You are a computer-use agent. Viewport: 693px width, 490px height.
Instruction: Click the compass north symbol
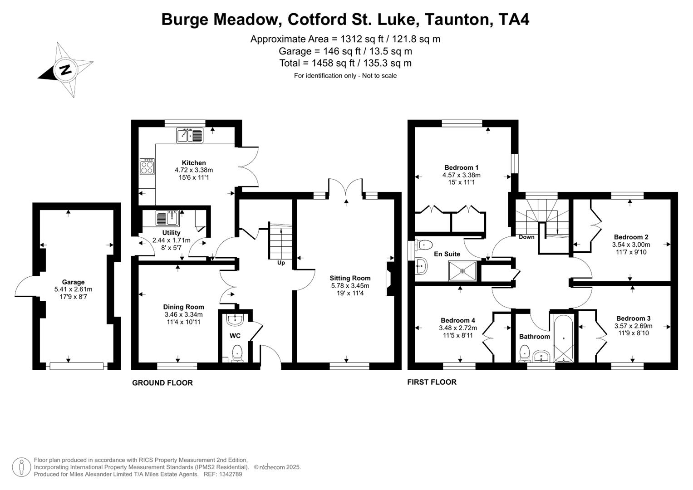[x=65, y=70]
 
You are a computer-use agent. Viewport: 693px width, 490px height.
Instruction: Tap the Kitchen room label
[x=194, y=163]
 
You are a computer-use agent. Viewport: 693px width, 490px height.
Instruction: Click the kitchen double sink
[x=190, y=135]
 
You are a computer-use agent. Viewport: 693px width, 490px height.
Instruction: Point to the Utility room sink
[x=167, y=218]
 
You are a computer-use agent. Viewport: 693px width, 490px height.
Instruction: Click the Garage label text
[x=73, y=282]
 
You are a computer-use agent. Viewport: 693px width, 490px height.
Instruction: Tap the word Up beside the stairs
[x=281, y=263]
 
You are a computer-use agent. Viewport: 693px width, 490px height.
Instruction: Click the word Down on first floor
[x=526, y=237]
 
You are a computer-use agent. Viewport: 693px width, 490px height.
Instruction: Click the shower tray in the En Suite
[x=462, y=271]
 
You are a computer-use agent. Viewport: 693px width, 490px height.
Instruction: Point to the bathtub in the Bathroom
[x=563, y=338]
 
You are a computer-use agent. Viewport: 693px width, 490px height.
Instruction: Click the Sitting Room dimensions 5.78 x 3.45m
[x=350, y=286]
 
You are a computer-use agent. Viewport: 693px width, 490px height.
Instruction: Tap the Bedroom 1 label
[x=461, y=167]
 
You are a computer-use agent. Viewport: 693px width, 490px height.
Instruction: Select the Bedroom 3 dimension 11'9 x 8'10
[x=633, y=333]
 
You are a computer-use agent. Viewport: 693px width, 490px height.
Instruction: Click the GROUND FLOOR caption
[x=162, y=383]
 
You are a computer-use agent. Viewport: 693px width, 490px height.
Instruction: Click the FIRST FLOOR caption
[x=432, y=382]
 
